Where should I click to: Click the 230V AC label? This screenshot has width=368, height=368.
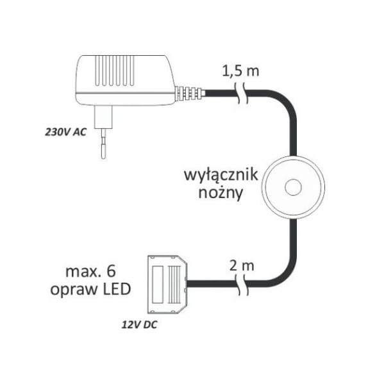[x=65, y=132]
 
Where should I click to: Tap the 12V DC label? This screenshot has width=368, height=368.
[x=139, y=325]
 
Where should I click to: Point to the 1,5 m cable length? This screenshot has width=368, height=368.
[x=240, y=71]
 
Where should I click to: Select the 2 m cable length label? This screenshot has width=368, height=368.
[x=242, y=266]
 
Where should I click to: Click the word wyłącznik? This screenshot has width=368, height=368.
[x=221, y=175]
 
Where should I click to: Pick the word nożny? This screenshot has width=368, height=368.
[x=221, y=194]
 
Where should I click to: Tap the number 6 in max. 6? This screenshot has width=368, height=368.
[x=112, y=271]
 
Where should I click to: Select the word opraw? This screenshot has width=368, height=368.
[x=74, y=290]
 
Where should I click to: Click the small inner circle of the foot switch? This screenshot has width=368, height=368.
[x=293, y=187]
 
